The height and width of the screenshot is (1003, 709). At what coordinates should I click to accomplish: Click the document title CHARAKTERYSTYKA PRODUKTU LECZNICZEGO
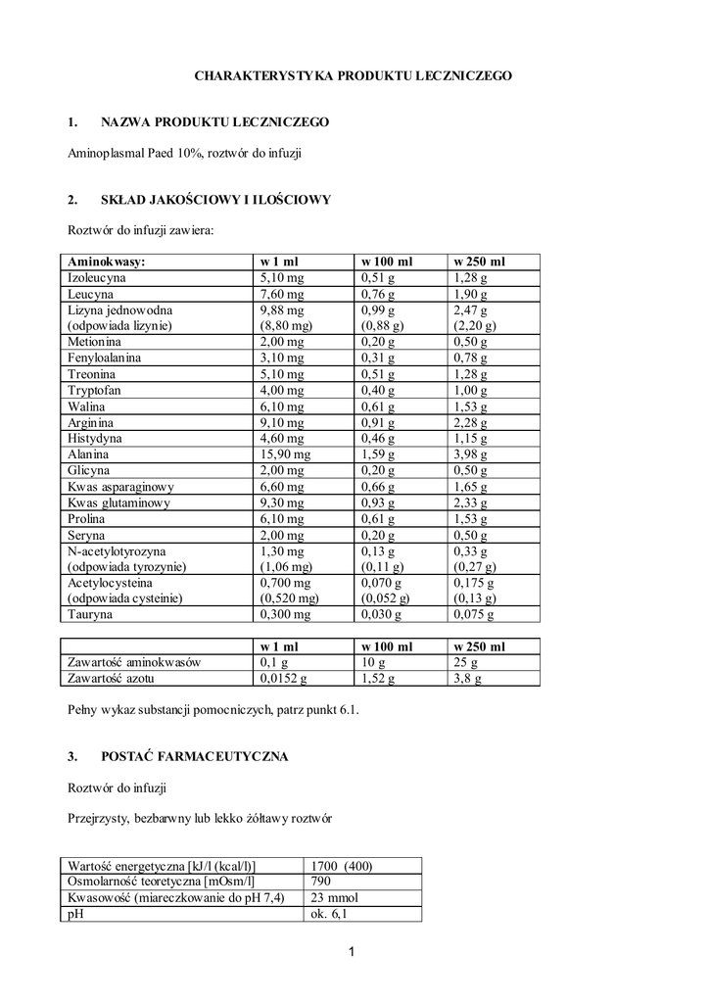coord(354,74)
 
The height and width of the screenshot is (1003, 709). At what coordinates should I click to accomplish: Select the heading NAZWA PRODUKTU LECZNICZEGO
coord(214,122)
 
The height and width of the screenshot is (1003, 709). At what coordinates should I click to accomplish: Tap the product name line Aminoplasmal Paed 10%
coord(185,153)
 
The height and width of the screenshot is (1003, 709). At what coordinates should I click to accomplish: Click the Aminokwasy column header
coord(107,263)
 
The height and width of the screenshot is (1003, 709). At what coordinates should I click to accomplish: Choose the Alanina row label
coord(87,454)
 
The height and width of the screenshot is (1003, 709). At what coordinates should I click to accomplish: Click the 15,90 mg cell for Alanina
coord(285,454)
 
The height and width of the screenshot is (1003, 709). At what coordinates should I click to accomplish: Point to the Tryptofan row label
coord(93,391)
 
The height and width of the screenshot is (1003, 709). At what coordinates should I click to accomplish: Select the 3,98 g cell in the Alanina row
coord(472,454)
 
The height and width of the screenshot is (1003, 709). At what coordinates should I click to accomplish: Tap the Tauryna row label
coord(90,614)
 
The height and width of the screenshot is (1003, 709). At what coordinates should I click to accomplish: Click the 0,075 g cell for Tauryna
coord(476,614)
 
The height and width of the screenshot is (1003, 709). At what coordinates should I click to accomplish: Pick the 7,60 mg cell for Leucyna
coord(282,294)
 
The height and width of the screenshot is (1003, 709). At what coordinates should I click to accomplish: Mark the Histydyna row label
coord(95,439)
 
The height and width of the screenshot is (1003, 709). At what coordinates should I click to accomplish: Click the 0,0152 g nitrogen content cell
coord(283,678)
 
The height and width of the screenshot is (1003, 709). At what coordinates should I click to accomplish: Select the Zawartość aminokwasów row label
coord(133,662)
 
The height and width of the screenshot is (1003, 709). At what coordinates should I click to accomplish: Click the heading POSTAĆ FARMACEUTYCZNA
coord(195,757)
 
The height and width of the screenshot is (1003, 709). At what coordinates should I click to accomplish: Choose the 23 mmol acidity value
coord(334,898)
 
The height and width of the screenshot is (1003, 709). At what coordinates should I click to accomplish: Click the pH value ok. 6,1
coord(329,914)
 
